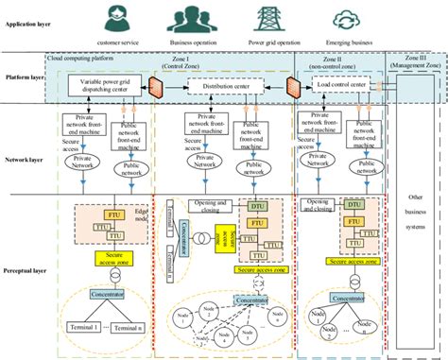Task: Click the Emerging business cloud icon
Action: pyautogui.click(x=343, y=17)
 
